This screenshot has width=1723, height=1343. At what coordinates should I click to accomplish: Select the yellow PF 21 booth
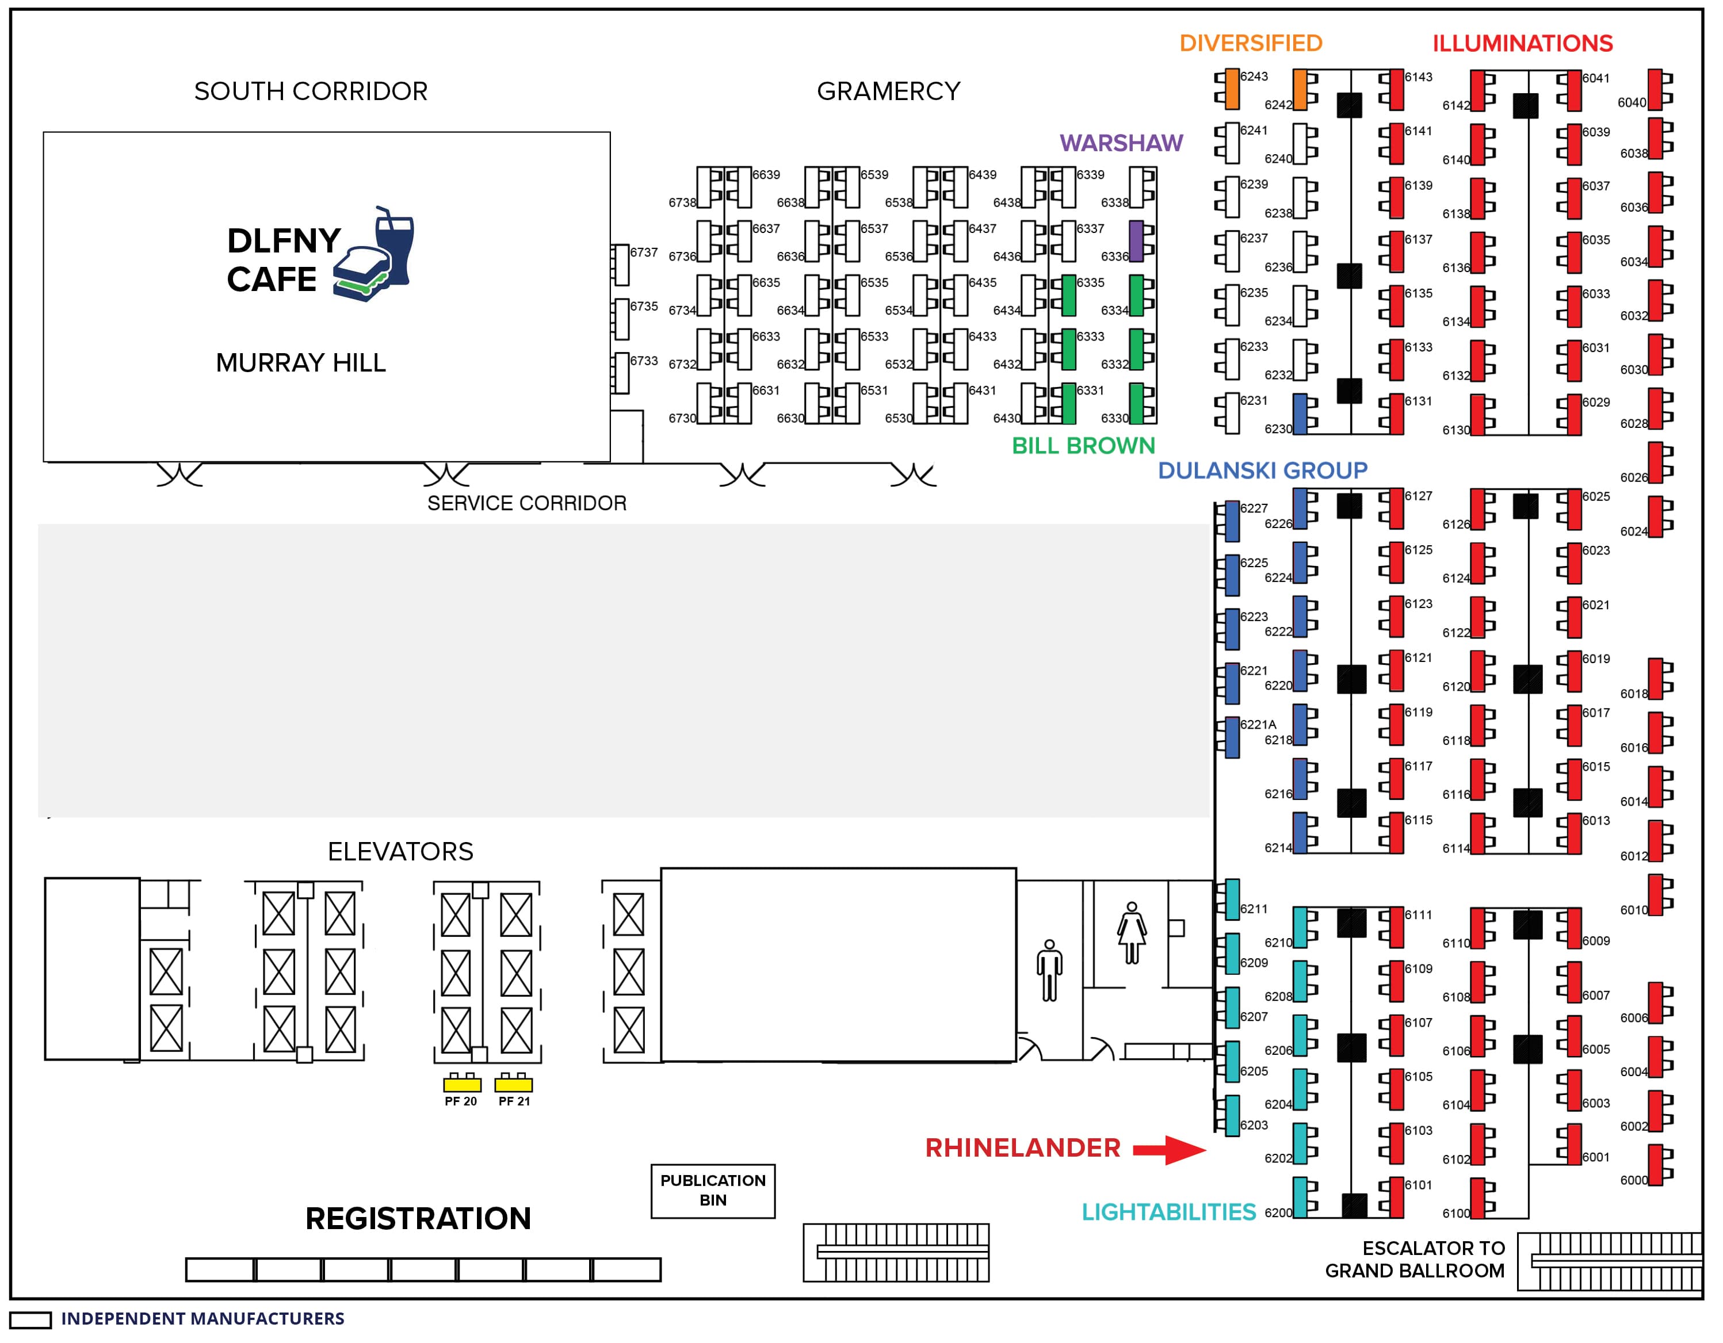(514, 1085)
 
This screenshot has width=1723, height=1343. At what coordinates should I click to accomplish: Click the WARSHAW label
(1121, 143)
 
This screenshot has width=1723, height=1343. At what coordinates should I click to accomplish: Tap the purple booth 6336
(1136, 242)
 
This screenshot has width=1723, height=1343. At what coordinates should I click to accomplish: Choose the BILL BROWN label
(1083, 446)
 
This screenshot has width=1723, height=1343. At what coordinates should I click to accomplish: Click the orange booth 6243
(1232, 89)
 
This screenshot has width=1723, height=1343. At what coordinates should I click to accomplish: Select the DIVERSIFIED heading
(1251, 43)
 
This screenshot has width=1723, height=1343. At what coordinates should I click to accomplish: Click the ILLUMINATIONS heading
(1523, 43)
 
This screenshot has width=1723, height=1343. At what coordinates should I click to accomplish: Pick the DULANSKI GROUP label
(1262, 471)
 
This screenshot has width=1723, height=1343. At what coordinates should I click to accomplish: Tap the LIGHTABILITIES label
(1168, 1212)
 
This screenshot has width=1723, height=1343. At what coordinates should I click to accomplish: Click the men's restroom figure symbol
(1049, 971)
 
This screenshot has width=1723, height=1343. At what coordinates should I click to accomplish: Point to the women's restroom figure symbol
(1132, 933)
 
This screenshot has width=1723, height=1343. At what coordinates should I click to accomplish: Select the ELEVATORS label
(401, 852)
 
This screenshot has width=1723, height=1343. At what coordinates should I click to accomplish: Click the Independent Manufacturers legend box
(30, 1320)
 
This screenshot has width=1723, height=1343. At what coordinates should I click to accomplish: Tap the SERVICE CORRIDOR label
(527, 503)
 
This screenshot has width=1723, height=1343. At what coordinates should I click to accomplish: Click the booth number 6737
(644, 252)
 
